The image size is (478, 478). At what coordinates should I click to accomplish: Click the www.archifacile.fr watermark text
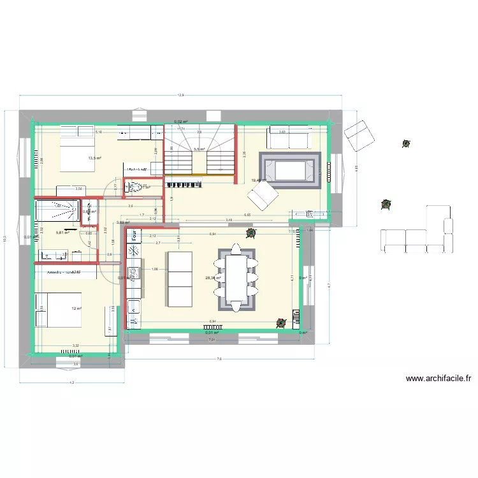pyautogui.click(x=438, y=379)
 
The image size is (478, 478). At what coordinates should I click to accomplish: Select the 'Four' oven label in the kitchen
pyautogui.click(x=135, y=235)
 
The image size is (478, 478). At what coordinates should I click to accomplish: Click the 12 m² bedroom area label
pyautogui.click(x=76, y=308)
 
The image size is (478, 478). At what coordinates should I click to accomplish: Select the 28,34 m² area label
pyautogui.click(x=212, y=278)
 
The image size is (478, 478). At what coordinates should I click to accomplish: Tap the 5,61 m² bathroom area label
pyautogui.click(x=62, y=233)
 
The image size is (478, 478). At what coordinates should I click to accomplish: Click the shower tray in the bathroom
pyautogui.click(x=57, y=211)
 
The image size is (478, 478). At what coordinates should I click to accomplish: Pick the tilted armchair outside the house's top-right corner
pyautogui.click(x=359, y=136)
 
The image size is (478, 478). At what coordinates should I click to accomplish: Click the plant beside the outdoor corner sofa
pyautogui.click(x=386, y=205)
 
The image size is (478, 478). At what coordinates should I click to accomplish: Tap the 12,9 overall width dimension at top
pyautogui.click(x=181, y=95)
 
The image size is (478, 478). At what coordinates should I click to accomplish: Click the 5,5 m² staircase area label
pyautogui.click(x=198, y=149)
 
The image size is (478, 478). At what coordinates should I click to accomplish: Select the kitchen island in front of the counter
pyautogui.click(x=179, y=279)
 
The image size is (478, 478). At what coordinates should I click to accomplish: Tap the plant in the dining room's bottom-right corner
pyautogui.click(x=281, y=323)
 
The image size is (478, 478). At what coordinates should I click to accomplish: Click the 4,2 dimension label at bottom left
pyautogui.click(x=71, y=382)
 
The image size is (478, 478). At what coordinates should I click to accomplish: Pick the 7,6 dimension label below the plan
pyautogui.click(x=220, y=359)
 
